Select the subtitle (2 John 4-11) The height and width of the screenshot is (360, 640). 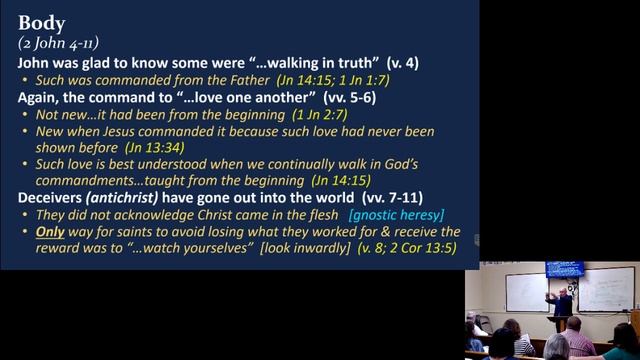click(x=57, y=42)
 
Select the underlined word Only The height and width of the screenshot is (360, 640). click(x=50, y=232)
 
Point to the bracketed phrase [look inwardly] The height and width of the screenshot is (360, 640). click(x=292, y=249)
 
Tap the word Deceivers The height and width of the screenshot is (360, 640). click(x=53, y=198)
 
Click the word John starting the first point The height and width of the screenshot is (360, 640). click(x=36, y=62)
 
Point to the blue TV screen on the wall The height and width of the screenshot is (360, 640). click(x=564, y=270)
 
